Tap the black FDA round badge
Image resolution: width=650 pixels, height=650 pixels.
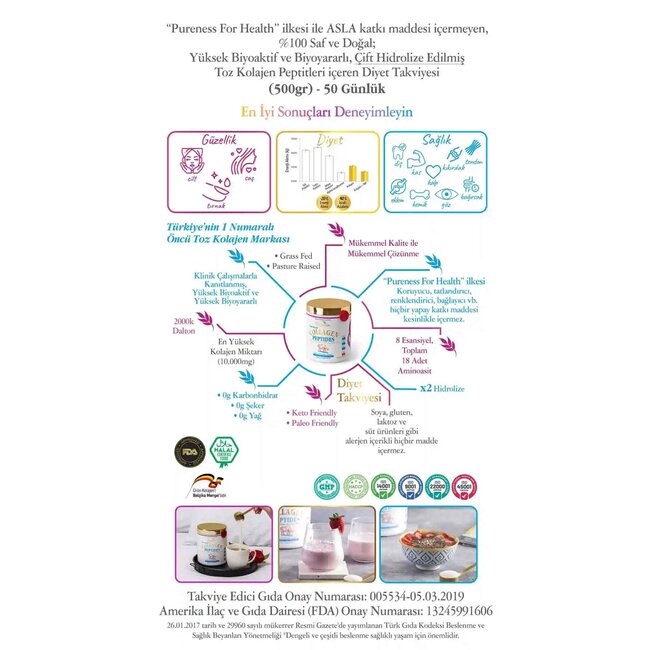[x=187, y=445]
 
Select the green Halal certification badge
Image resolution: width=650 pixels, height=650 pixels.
[x=221, y=445]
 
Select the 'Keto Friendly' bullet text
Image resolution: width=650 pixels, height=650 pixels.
[x=311, y=411]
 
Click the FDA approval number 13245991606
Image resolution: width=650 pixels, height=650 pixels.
[x=448, y=611]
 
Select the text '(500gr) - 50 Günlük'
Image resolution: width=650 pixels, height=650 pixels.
[x=326, y=89]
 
